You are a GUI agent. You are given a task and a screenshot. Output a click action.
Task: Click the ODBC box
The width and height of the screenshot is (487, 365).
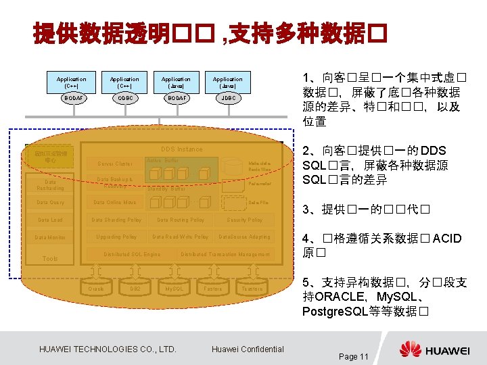point(124,98)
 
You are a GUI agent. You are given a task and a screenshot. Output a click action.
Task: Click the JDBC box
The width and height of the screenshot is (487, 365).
point(228,98)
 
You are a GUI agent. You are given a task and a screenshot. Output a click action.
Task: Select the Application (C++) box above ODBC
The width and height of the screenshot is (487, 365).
point(124,82)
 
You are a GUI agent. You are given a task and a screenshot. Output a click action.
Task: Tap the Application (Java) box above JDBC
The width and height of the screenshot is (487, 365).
point(228,82)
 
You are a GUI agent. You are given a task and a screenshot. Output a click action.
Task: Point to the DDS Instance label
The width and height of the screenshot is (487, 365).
point(181,149)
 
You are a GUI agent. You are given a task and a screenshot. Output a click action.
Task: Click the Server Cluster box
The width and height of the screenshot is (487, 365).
point(115,164)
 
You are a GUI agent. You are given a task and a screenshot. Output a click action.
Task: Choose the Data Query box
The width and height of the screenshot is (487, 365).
point(51,202)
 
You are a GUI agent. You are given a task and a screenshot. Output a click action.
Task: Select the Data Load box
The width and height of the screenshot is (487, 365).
point(51,220)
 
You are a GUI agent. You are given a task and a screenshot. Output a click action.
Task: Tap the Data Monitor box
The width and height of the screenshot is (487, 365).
point(51,237)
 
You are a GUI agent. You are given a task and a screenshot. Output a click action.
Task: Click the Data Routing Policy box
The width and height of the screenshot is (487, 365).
point(181,220)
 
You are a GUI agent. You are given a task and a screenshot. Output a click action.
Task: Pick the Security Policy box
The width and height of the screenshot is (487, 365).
point(245,220)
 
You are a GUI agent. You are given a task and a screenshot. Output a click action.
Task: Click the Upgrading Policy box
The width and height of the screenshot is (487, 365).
point(117,237)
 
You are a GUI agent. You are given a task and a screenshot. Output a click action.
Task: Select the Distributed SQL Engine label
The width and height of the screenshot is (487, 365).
point(132,254)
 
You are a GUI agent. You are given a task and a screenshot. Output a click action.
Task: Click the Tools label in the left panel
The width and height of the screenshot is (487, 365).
point(50,258)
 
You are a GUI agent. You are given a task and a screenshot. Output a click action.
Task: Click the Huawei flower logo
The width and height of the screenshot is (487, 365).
point(410,349)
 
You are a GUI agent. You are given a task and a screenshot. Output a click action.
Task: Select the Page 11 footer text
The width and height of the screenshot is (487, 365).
point(353,356)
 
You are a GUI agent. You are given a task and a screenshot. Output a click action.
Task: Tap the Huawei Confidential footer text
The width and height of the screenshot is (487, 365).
point(248,349)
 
